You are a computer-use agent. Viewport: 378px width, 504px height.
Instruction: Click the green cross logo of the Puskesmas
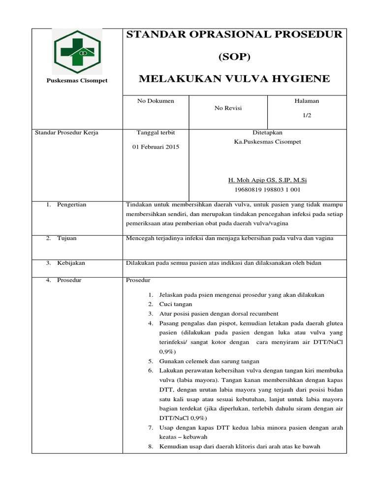coord(77,51)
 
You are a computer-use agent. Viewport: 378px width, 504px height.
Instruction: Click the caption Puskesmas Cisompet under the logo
coord(77,81)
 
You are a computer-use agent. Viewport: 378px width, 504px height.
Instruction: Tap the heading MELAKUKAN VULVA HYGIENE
coord(234,79)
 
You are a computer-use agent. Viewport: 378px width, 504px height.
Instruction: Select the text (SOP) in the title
coord(234,57)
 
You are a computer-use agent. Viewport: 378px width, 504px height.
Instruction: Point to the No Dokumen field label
coord(156,101)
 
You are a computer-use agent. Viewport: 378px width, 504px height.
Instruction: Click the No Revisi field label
coord(228,108)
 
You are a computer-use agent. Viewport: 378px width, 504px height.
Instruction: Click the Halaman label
coord(307,101)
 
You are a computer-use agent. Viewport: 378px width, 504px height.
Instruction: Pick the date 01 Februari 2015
coord(156,147)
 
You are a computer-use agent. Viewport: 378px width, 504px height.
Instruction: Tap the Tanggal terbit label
coord(156,132)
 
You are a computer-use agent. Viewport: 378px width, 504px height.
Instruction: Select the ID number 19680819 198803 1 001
coord(267,189)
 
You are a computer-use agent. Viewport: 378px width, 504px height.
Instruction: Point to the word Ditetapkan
coord(267,132)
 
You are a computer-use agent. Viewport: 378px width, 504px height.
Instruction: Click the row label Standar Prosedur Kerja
coord(66,132)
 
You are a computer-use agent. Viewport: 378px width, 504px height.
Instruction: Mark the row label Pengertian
coord(71,204)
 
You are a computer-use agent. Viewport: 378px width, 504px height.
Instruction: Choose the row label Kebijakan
coord(71,263)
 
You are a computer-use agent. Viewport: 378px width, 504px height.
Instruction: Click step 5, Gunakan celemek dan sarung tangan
coord(209,361)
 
